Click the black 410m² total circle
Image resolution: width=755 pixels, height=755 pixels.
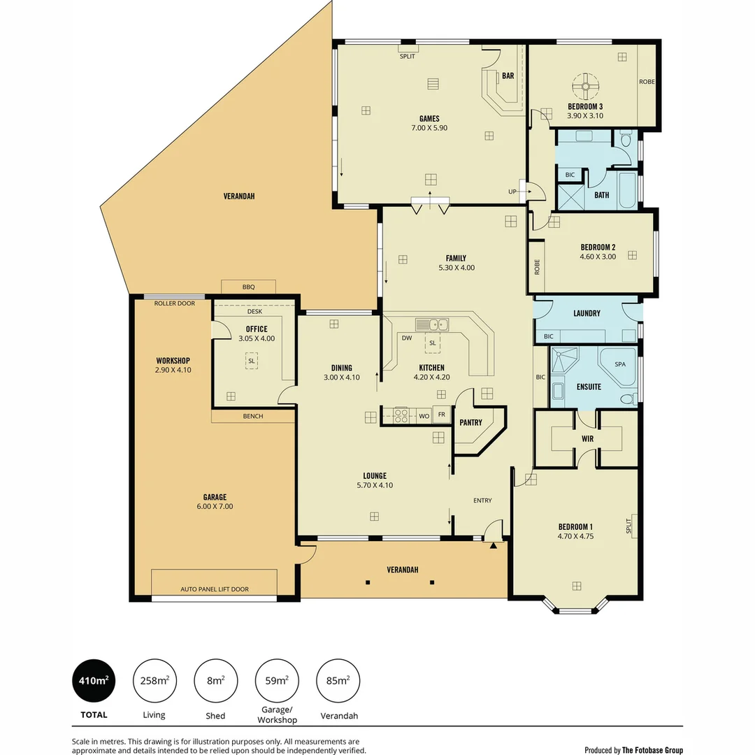pyautogui.click(x=94, y=680)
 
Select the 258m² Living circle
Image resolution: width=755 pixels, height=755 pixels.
pyautogui.click(x=154, y=680)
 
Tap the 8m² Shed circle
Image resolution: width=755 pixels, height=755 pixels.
pyautogui.click(x=215, y=680)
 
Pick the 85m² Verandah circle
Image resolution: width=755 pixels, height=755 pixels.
pyautogui.click(x=338, y=680)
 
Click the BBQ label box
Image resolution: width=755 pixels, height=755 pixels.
pyautogui.click(x=248, y=287)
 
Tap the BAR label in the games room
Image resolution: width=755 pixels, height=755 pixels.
pyautogui.click(x=508, y=75)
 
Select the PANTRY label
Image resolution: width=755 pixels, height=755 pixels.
pyautogui.click(x=470, y=422)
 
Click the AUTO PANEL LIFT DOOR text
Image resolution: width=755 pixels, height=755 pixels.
pyautogui.click(x=215, y=589)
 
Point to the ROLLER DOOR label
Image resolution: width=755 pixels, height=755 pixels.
pyautogui.click(x=175, y=303)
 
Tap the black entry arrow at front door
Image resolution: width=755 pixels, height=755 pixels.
pyautogui.click(x=494, y=545)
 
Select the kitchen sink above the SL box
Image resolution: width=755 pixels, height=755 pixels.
pyautogui.click(x=433, y=324)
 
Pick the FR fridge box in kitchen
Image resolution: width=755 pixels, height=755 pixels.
pyautogui.click(x=442, y=415)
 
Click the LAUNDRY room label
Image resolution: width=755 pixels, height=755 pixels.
pyautogui.click(x=587, y=313)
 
